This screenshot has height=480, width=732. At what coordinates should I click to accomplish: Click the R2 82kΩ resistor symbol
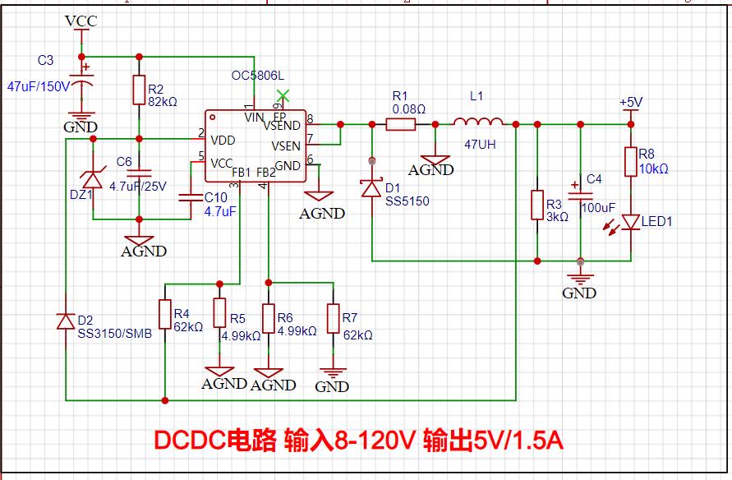pyautogui.click(x=139, y=90)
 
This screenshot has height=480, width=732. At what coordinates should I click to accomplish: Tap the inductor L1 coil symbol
pyautogui.click(x=478, y=122)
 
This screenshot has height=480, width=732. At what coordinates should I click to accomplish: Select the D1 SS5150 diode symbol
pyautogui.click(x=371, y=189)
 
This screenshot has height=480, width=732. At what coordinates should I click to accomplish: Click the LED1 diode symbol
pyautogui.click(x=630, y=222)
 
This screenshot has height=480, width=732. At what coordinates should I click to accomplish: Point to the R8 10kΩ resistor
pyautogui.click(x=631, y=162)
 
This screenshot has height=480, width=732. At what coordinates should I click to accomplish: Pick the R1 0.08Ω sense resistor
pyautogui.click(x=401, y=124)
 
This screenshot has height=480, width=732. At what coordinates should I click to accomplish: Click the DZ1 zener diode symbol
pyautogui.click(x=93, y=180)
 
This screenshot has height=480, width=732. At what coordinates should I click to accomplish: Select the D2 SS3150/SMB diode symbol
pyautogui.click(x=66, y=321)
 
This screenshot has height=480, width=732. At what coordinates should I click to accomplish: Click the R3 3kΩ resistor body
pyautogui.click(x=537, y=205)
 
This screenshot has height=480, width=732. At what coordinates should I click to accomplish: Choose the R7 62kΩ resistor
pyautogui.click(x=333, y=318)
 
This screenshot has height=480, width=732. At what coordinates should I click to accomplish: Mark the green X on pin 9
pyautogui.click(x=283, y=96)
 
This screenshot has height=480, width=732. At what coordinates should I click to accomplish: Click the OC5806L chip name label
pyautogui.click(x=258, y=76)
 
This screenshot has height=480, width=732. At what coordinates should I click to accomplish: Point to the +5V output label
pyautogui.click(x=631, y=102)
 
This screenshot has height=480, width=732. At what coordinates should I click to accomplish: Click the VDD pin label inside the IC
pyautogui.click(x=223, y=140)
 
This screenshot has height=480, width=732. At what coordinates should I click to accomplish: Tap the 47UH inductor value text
pyautogui.click(x=480, y=145)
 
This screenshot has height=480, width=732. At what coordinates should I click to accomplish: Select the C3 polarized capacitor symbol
pyautogui.click(x=81, y=81)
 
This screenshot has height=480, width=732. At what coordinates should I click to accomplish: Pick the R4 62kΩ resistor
pyautogui.click(x=165, y=314)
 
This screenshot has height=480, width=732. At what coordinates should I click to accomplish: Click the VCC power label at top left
pyautogui.click(x=81, y=21)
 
